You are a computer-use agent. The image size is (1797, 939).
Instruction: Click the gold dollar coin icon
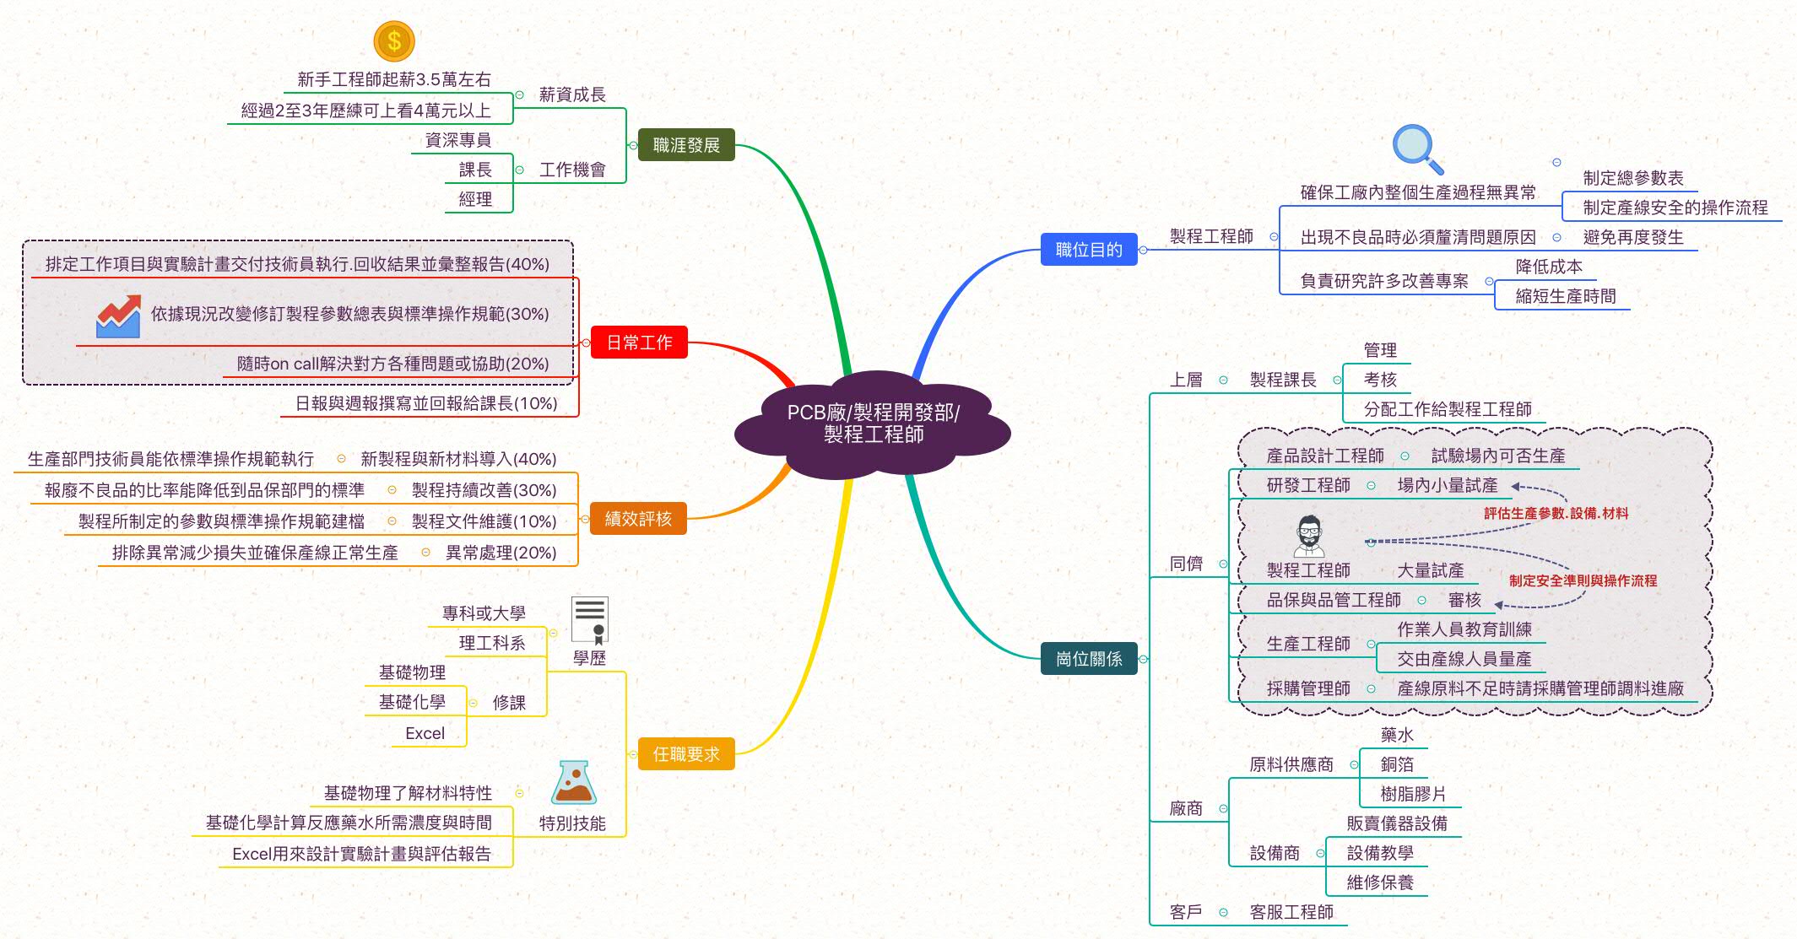[393, 41]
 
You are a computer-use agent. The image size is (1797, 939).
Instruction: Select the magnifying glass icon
[1417, 148]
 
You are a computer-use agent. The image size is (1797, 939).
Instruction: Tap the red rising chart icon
[118, 316]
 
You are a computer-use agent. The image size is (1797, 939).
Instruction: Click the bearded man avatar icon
[1308, 537]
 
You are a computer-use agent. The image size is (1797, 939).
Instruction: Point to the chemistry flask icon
[573, 783]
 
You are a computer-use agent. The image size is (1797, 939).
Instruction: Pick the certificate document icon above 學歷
[589, 620]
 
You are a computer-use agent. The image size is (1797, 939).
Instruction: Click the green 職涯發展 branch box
[686, 145]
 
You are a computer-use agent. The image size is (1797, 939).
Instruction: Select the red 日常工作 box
[639, 343]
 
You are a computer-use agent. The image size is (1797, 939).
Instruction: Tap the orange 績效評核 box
[638, 519]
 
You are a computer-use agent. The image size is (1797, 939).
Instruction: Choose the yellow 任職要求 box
[685, 754]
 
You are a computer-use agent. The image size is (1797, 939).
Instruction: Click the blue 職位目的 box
[1089, 250]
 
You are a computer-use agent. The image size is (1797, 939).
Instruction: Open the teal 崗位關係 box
[1089, 659]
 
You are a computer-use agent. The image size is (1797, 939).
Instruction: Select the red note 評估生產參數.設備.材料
[1556, 513]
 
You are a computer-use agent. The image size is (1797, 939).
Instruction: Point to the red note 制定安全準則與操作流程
[1583, 580]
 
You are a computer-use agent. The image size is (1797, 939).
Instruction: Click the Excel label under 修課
[425, 733]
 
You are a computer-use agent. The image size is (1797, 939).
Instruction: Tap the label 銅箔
[1397, 764]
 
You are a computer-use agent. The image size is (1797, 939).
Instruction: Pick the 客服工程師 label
[1291, 912]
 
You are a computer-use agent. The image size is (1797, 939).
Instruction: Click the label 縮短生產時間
[1566, 296]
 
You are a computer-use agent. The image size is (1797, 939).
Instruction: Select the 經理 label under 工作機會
[475, 199]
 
